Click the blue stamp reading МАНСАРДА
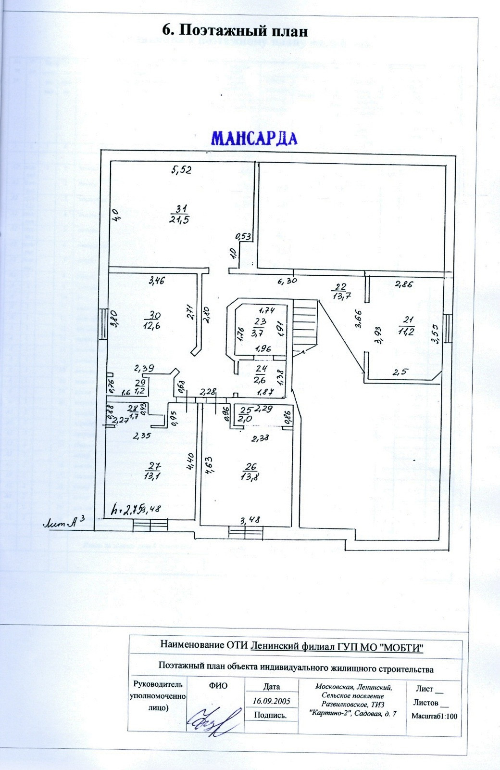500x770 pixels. click(254, 138)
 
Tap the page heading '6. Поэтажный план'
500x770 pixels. click(235, 30)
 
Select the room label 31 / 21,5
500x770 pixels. click(181, 214)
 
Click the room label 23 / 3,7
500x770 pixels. click(260, 327)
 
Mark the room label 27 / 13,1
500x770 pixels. click(154, 471)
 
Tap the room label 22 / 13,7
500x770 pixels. click(340, 292)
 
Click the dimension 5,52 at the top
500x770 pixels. click(182, 170)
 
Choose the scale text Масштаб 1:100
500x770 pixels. click(434, 716)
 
